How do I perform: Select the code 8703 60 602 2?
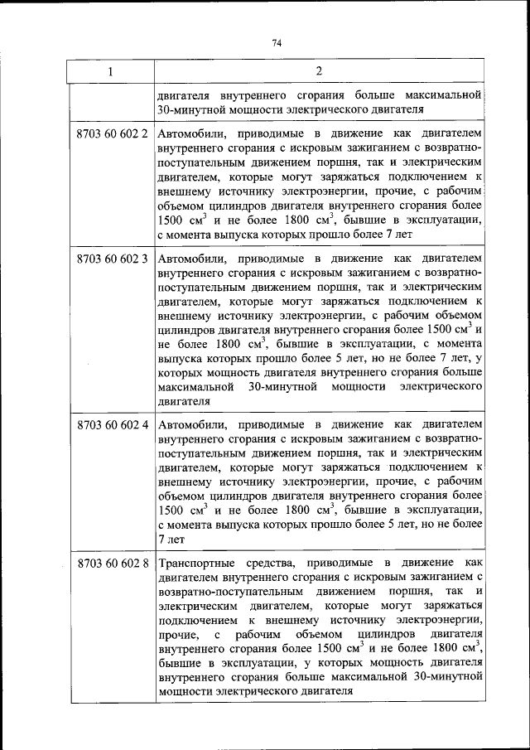point(112,133)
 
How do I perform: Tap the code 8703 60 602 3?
point(112,258)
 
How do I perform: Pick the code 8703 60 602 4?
point(112,424)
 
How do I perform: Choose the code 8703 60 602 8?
point(112,564)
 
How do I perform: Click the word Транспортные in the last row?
point(195,564)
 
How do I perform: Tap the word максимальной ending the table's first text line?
point(443,94)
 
